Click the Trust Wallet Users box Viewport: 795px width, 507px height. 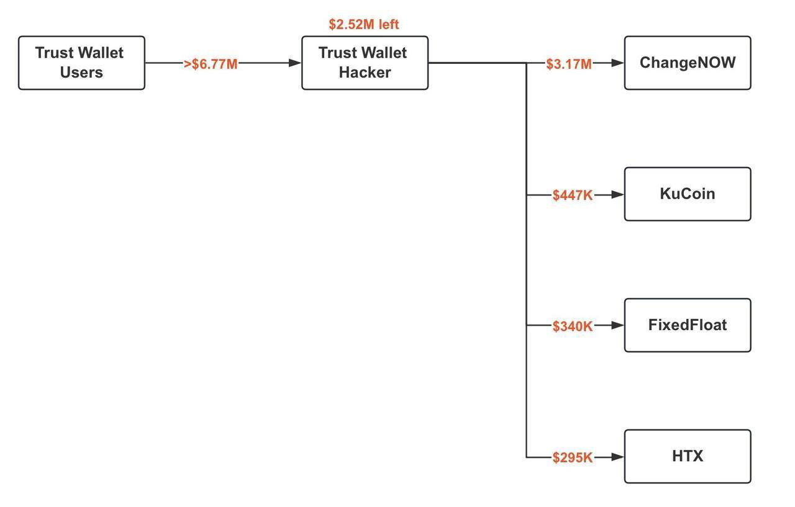pos(81,63)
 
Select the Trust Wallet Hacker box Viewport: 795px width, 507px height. pos(365,63)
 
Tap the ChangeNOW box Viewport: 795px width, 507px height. pos(688,63)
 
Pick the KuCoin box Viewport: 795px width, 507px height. pos(688,194)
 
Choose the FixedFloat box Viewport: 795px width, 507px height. pos(688,325)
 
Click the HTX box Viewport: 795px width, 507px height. pos(688,456)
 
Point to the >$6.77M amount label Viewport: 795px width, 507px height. pos(211,64)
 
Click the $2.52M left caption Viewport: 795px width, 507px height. pos(364,25)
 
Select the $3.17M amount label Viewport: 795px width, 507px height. pos(569,64)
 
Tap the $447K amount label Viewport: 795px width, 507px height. pos(572,195)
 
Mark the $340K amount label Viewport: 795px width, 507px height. pos(572,326)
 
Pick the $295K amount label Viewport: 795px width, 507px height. pos(572,458)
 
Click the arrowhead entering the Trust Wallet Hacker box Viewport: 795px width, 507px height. pos(295,63)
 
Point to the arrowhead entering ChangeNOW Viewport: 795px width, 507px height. pos(617,63)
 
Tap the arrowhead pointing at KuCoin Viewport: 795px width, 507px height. pos(617,194)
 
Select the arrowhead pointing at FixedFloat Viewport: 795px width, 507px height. pos(617,325)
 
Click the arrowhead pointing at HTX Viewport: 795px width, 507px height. pos(617,457)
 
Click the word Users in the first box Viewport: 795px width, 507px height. pos(81,73)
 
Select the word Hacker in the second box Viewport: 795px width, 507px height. pos(365,73)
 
